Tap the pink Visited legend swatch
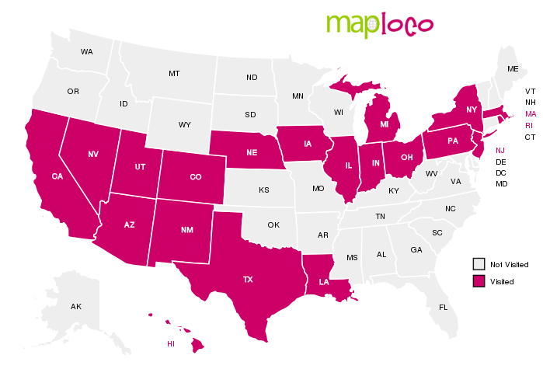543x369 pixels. (479, 280)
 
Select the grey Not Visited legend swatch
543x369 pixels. (479, 264)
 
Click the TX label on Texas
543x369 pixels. (248, 278)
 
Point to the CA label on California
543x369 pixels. (57, 176)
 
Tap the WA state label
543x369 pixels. (86, 52)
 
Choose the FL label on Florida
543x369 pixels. (443, 307)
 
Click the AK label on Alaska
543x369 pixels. (76, 307)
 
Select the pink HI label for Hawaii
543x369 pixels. (171, 343)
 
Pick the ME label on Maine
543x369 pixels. (512, 69)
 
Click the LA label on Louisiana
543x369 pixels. (324, 283)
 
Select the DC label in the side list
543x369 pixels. (501, 172)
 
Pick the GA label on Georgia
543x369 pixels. (416, 249)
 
